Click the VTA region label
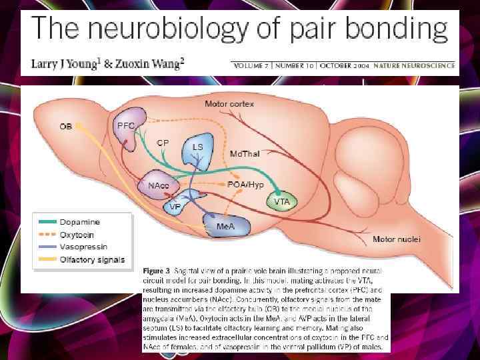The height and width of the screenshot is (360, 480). (x=281, y=201)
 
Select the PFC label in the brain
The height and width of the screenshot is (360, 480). (x=126, y=125)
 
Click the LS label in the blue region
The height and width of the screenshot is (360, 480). (x=197, y=147)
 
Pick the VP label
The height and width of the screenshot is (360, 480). (x=175, y=207)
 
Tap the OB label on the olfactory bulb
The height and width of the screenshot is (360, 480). (x=66, y=125)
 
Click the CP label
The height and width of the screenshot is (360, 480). (x=163, y=142)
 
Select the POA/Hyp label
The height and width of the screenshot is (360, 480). (x=246, y=184)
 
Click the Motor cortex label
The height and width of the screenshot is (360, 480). (x=229, y=104)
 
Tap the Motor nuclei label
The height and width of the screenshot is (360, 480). (x=396, y=239)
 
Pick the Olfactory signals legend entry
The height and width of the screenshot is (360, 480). (x=92, y=259)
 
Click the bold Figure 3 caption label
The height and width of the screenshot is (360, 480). (x=158, y=273)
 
